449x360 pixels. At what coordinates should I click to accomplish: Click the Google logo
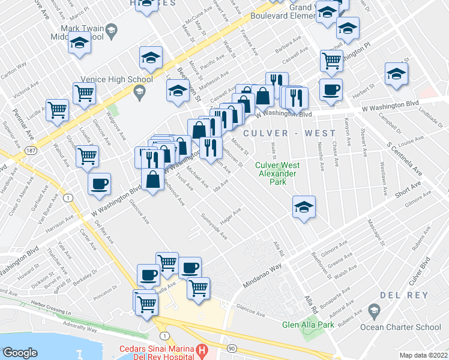(20, 352)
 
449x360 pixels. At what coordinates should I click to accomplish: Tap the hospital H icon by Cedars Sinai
(203, 350)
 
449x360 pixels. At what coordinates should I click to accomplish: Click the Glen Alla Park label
(308, 325)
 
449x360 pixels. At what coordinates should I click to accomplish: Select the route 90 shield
(231, 348)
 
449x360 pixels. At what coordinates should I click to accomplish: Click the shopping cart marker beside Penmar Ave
(57, 110)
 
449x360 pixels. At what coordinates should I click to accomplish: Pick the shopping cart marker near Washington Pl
(331, 60)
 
